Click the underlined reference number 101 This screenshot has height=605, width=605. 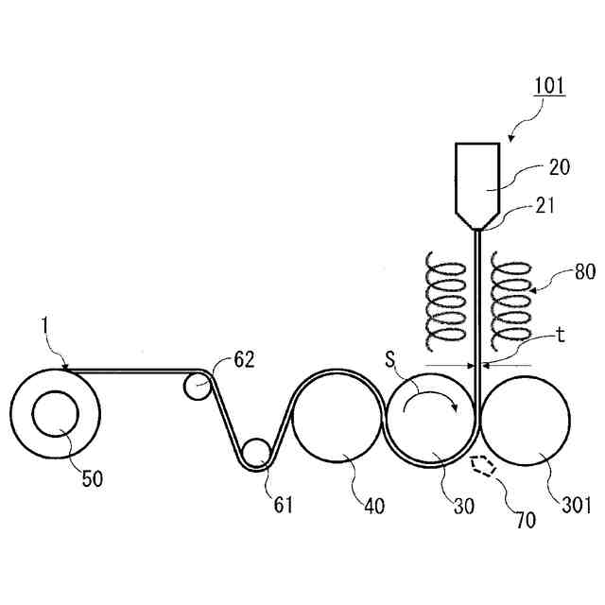point(549,86)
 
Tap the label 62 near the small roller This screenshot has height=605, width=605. point(245,359)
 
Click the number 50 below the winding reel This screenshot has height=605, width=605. point(92,478)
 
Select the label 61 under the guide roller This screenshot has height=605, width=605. point(283,505)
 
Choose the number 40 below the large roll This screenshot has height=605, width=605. point(373,505)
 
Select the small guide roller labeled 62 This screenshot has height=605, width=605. point(198,385)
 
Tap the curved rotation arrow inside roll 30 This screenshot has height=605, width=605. point(430,403)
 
